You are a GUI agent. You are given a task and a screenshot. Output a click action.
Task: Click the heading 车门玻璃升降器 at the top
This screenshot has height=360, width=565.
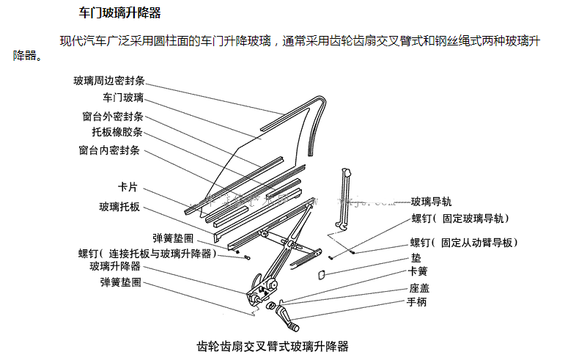119,13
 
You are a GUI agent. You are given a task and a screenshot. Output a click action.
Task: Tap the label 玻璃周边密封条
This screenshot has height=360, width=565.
108,80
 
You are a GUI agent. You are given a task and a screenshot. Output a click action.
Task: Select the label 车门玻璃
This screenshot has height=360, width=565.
123,98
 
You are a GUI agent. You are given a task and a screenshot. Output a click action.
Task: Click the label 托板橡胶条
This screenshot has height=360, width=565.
117,133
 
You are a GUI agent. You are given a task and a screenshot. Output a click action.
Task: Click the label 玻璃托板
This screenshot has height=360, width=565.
119,207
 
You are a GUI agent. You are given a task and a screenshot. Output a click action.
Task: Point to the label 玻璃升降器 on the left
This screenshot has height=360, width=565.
115,266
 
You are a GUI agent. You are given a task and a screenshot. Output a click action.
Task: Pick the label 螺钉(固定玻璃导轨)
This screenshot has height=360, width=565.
460,218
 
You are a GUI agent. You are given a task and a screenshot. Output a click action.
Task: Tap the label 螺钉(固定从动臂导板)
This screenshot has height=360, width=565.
464,243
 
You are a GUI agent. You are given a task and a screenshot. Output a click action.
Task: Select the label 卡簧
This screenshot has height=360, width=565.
418,272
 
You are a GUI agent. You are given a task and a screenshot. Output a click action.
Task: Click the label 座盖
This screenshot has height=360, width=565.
420,288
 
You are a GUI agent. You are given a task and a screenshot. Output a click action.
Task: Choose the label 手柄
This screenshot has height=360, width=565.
418,302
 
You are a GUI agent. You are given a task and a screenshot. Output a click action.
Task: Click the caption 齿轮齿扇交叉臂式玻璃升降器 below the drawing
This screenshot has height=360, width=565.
273,345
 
